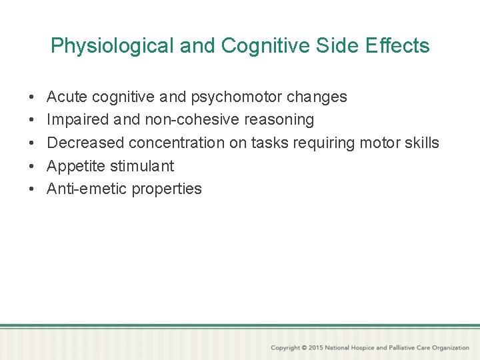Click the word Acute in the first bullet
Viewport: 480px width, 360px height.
click(67, 97)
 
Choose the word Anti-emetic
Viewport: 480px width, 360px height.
click(87, 189)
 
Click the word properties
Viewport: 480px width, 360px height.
click(167, 189)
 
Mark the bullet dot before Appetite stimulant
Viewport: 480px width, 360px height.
click(33, 166)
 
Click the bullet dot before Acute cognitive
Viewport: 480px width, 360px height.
click(33, 97)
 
